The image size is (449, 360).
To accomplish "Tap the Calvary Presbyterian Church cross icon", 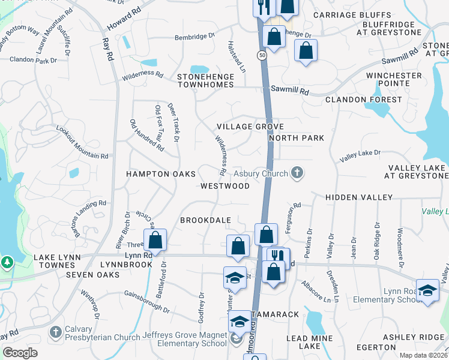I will [x=55, y=332].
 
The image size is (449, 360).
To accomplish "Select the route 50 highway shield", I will [x=262, y=55].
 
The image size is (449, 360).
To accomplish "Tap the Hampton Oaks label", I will [x=160, y=174].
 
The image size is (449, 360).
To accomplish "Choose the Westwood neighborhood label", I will [x=225, y=186].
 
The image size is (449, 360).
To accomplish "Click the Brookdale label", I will [x=206, y=220].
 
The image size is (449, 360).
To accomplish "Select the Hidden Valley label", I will [x=359, y=197].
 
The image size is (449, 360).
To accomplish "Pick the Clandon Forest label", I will [x=363, y=100].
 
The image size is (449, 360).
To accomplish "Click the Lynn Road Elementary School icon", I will [x=427, y=290].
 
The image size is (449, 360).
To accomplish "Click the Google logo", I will [x=20, y=353].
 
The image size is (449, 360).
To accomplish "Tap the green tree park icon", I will [x=7, y=262].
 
